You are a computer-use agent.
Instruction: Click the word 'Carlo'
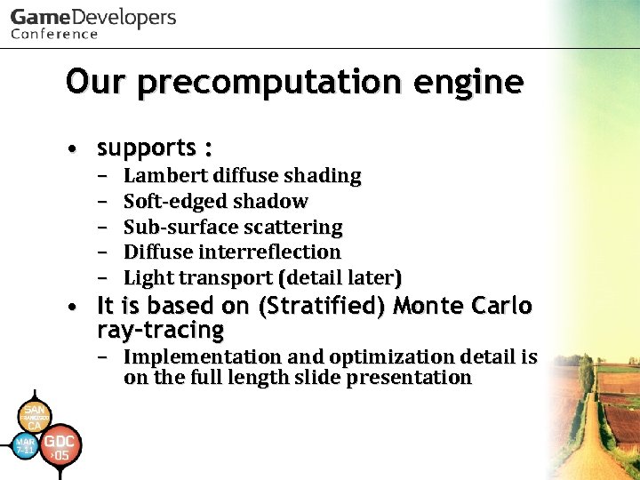click(501, 307)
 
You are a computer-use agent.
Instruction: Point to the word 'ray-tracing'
click(160, 332)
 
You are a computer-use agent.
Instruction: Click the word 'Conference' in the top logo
click(54, 34)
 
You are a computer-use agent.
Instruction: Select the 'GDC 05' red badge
click(61, 448)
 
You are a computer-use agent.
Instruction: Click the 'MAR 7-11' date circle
click(25, 446)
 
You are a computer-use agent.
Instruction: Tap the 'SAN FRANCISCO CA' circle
click(34, 415)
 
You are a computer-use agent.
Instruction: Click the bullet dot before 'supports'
click(79, 148)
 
